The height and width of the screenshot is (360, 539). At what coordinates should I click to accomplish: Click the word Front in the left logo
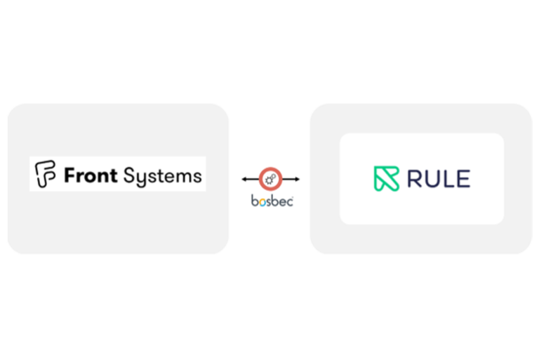click(x=91, y=175)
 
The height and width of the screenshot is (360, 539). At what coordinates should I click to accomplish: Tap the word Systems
click(x=162, y=176)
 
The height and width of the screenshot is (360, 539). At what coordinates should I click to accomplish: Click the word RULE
click(x=439, y=179)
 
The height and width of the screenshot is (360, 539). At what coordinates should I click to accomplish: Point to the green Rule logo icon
click(x=387, y=179)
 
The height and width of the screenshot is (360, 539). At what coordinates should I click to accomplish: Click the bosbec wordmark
click(x=272, y=201)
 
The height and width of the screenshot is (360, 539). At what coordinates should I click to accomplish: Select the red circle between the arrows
click(x=271, y=180)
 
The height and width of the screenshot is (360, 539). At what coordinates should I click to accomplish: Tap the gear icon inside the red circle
click(x=271, y=180)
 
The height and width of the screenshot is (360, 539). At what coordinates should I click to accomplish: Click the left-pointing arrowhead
click(x=245, y=180)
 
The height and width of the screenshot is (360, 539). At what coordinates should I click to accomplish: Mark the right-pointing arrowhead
click(x=297, y=180)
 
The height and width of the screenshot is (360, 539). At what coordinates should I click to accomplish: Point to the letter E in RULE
click(x=463, y=179)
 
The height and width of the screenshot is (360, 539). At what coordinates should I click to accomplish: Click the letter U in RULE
click(x=432, y=179)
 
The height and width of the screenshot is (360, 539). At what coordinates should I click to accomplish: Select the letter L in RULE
click(x=448, y=179)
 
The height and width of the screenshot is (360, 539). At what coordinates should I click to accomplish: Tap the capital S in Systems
click(x=128, y=175)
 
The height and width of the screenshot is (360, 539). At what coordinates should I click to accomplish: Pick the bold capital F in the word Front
click(x=70, y=175)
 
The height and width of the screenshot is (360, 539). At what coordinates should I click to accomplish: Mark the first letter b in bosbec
click(x=255, y=201)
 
